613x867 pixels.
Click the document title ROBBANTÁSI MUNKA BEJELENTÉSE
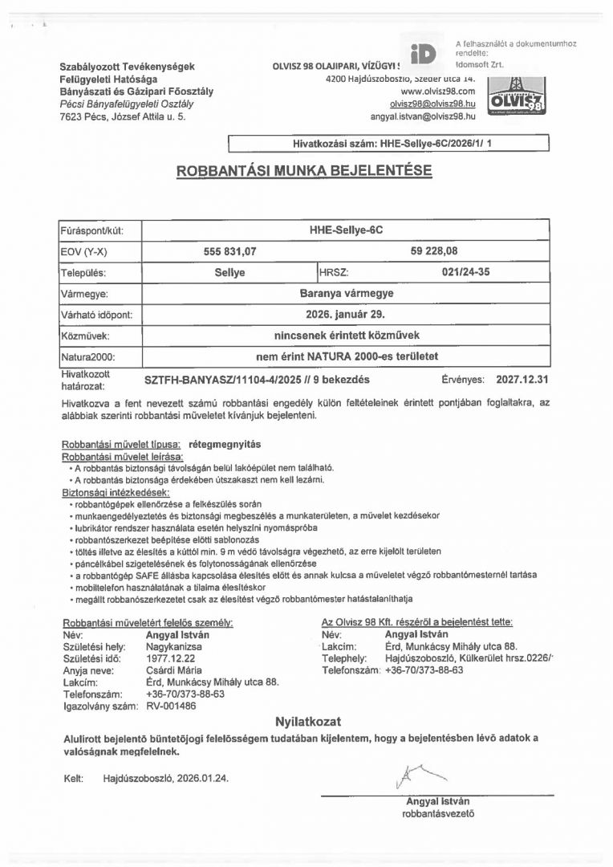click(x=304, y=171)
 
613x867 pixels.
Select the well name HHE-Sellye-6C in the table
click(x=346, y=230)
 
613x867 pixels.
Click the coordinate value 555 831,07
click(x=230, y=251)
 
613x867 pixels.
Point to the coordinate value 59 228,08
click(x=434, y=251)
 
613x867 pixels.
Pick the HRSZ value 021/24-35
click(x=465, y=272)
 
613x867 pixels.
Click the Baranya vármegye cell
click(x=346, y=294)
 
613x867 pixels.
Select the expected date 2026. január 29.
click(x=346, y=315)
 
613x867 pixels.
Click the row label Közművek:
click(x=84, y=336)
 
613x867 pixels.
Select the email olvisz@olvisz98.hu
click(x=432, y=104)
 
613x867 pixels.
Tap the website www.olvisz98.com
click(x=438, y=92)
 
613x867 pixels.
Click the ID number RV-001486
click(x=171, y=706)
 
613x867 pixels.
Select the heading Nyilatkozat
click(x=308, y=721)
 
